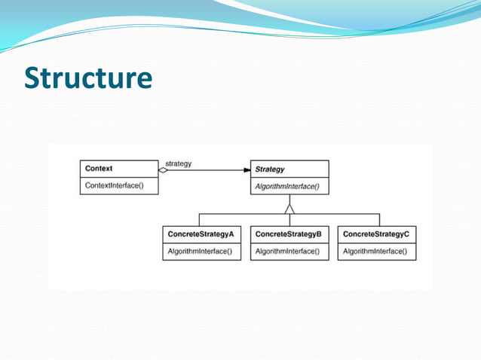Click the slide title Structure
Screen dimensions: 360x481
(88, 78)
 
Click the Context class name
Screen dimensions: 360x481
(99, 169)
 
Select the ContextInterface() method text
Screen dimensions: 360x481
(114, 185)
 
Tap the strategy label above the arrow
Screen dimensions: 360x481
(178, 163)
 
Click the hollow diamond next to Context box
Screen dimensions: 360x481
(164, 170)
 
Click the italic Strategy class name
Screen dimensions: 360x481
(270, 169)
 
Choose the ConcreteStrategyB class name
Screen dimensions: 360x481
(289, 234)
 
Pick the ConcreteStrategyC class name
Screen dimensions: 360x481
(375, 234)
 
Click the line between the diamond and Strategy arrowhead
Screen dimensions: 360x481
(207, 170)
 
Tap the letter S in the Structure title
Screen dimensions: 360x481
(34, 78)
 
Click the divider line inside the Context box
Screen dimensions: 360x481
(119, 177)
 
